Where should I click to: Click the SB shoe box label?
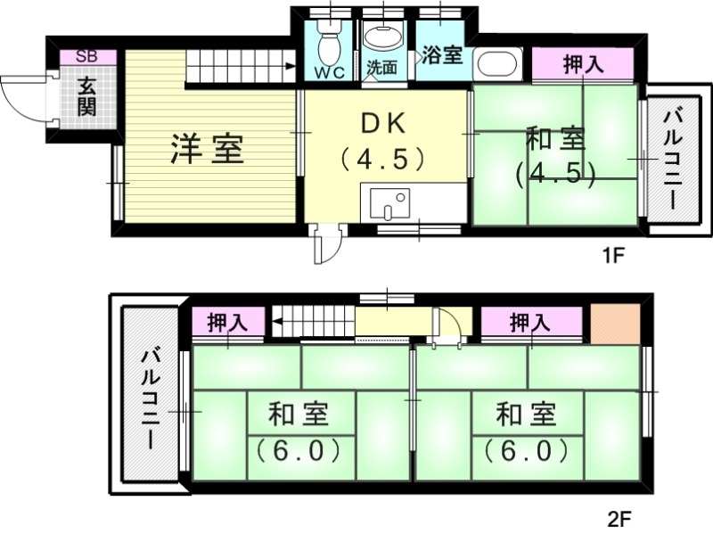point(86,56)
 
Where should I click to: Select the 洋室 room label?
point(208,149)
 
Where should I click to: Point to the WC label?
point(330,71)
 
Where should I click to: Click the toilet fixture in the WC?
point(329,40)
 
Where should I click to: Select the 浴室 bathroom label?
point(443,54)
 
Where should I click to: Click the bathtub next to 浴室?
point(497,63)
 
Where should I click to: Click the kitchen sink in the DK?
point(389,203)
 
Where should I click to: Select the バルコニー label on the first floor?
point(674,158)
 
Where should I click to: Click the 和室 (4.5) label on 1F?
point(554,156)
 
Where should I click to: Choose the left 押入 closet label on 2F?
point(227,322)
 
